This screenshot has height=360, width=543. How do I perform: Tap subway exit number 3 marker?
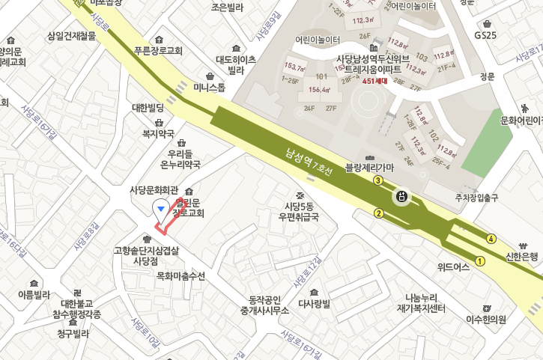click(379, 180)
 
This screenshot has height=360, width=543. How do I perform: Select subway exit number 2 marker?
click(379, 213)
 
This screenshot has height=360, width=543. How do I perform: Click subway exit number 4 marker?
click(491, 239)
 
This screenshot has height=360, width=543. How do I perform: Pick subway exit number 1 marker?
click(480, 261)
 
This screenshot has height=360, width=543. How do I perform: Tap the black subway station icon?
click(402, 197)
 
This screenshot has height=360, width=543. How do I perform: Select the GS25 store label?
click(485, 34)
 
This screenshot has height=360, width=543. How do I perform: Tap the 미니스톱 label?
click(210, 87)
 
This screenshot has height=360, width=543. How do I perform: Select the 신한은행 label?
click(523, 257)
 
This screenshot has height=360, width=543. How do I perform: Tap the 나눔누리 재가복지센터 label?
click(421, 303)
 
